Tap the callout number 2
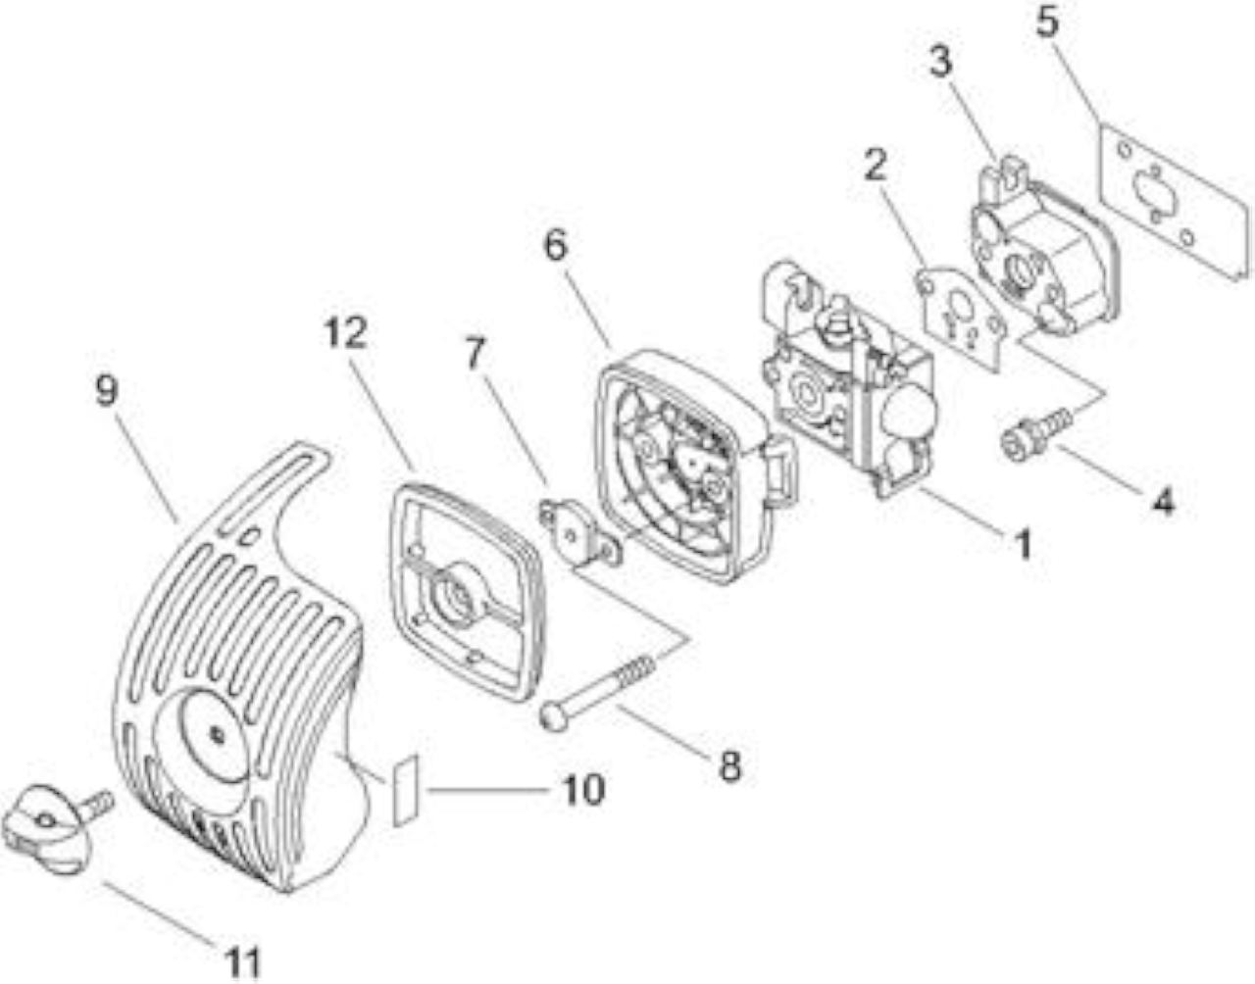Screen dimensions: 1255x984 coord(877,167)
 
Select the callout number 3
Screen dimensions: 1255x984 coord(940,64)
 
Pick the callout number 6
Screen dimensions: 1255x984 coord(556,246)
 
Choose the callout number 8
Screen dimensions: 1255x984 coord(730,766)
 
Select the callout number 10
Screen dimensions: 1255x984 coord(584,790)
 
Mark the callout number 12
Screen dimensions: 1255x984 coord(345,333)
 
